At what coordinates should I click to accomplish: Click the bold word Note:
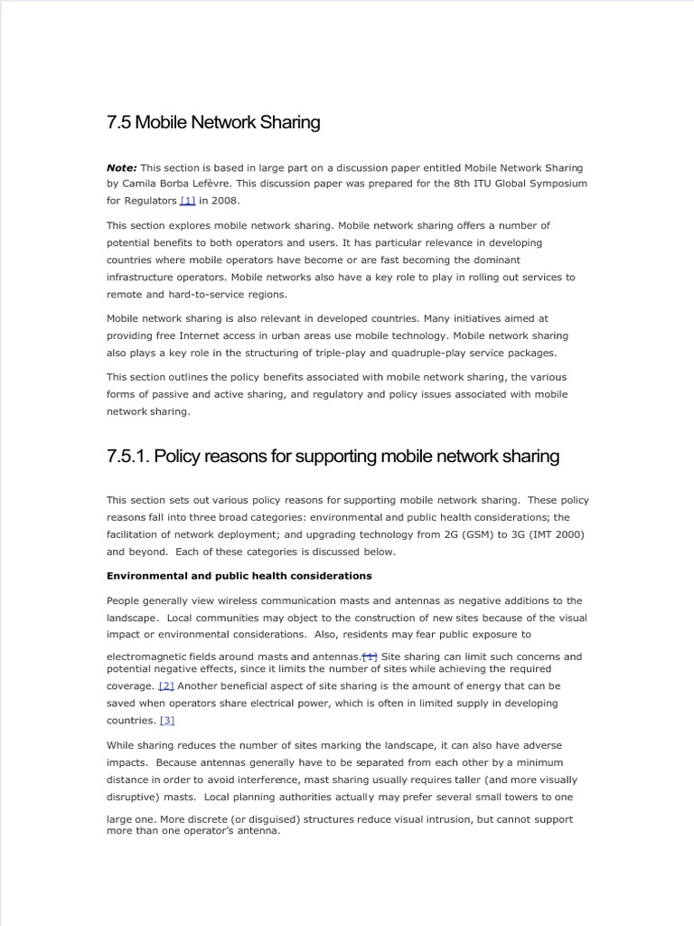122,167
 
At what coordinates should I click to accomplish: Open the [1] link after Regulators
188,201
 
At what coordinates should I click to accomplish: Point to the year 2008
226,201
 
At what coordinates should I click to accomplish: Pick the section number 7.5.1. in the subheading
127,457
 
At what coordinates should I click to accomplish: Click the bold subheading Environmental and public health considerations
239,575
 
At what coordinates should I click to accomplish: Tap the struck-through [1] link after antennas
370,657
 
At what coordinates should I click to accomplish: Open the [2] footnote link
166,686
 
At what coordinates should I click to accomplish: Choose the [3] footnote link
166,721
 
